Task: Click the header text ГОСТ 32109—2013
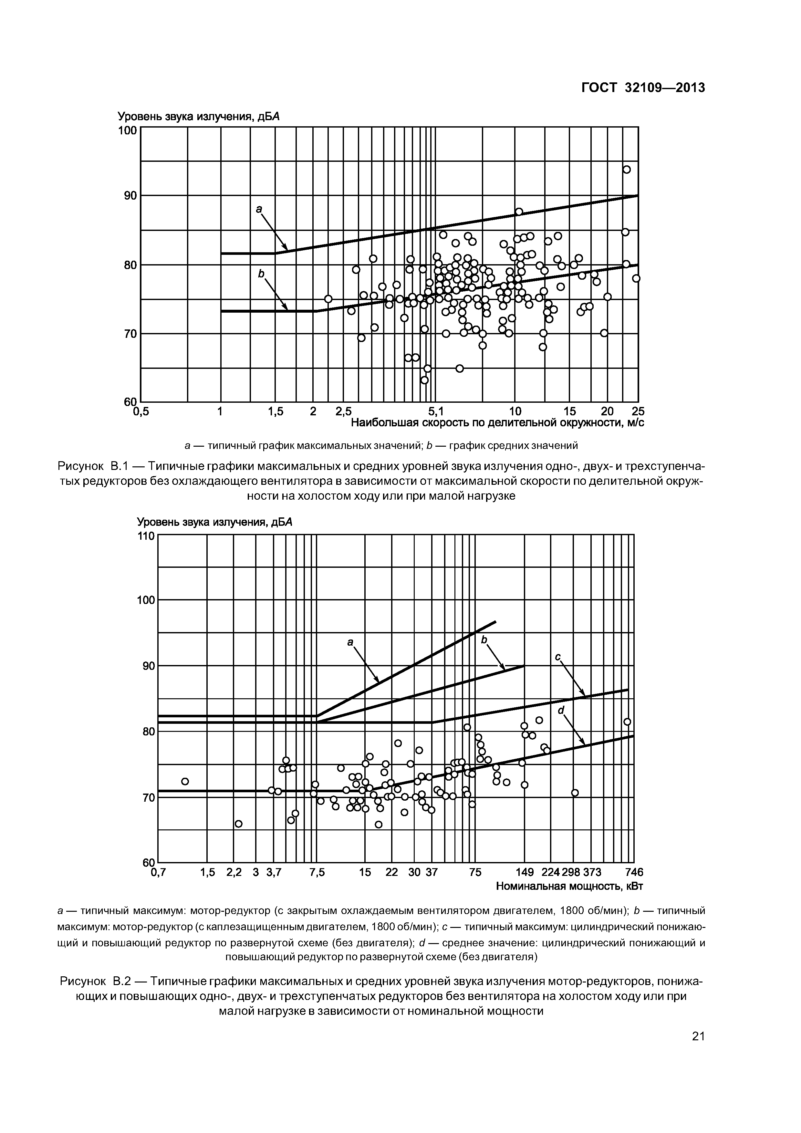(x=643, y=88)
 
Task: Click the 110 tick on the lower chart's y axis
(x=147, y=536)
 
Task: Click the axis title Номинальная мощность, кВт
(x=569, y=886)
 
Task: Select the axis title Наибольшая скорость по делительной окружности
(x=497, y=423)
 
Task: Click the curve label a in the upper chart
(x=259, y=209)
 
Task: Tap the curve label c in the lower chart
(x=557, y=657)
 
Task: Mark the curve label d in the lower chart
(x=561, y=710)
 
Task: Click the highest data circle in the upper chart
(x=626, y=169)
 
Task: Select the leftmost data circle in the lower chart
(x=185, y=781)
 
